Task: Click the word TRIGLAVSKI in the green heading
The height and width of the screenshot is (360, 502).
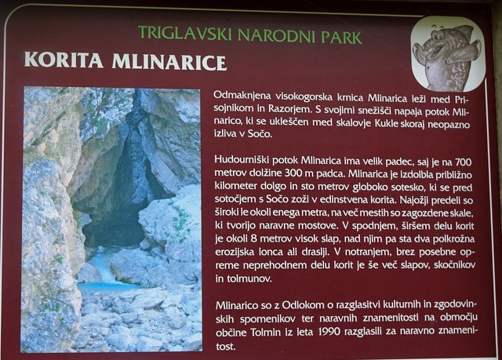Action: pos(185,33)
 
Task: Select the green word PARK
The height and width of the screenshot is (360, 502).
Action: pos(342,38)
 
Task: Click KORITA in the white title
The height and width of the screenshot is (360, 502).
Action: pos(64,60)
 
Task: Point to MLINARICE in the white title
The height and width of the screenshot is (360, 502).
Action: pos(169,63)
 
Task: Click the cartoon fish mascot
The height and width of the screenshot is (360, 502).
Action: pos(447,56)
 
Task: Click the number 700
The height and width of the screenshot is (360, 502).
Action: pos(463,162)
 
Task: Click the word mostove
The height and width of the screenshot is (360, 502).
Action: pos(318,226)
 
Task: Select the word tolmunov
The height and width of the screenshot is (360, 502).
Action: pos(243,278)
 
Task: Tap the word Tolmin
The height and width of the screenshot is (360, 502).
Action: pos(266,333)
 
